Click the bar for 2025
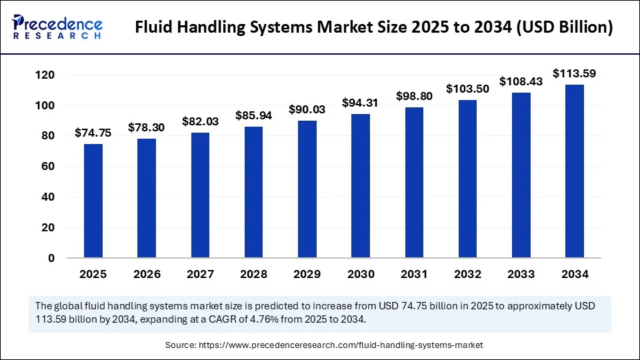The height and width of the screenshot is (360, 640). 93,201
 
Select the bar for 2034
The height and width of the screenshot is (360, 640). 575,171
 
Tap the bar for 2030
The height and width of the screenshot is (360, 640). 361,186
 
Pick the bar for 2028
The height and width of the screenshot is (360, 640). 253,192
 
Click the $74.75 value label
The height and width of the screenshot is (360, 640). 93,133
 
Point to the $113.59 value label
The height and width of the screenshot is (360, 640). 575,73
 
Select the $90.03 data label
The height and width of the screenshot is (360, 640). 307,109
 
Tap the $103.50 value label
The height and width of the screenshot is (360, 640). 468,89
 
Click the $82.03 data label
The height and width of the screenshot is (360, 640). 200,121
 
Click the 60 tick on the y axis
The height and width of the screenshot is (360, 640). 47,167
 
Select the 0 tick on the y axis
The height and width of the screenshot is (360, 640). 51,258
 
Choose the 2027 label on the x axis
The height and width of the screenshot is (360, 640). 200,274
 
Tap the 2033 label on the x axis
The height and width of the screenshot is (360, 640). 521,274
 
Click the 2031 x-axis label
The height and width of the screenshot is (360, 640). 414,274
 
